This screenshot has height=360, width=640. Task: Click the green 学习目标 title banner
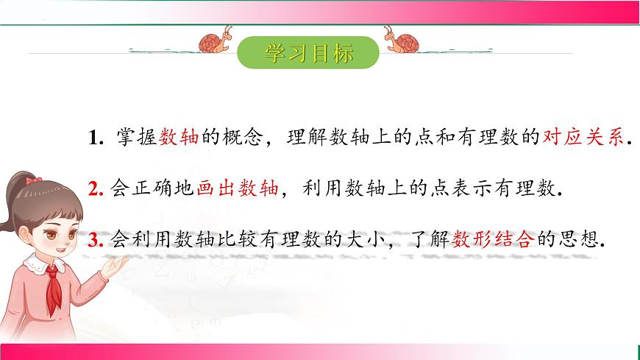click(309, 52)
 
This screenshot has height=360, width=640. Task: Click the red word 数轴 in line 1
click(179, 137)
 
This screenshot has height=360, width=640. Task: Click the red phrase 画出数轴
click(238, 188)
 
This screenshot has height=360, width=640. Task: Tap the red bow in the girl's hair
click(32, 179)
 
